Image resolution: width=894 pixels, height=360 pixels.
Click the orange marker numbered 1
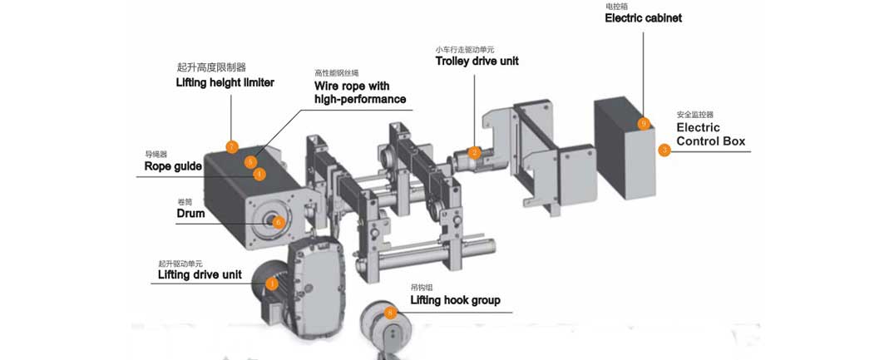pyautogui.click(x=271, y=284)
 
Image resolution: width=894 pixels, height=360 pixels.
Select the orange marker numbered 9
pyautogui.click(x=643, y=124)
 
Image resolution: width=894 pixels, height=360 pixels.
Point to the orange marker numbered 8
pyautogui.click(x=391, y=313)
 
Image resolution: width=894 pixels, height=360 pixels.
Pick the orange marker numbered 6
pyautogui.click(x=279, y=222)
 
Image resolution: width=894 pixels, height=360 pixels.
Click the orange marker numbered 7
pyautogui.click(x=232, y=147)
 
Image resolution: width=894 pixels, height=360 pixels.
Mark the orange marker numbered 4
pyautogui.click(x=259, y=175)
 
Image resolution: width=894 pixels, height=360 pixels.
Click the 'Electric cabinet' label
pyautogui.click(x=643, y=17)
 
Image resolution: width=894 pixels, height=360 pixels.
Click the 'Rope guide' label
pyautogui.click(x=173, y=166)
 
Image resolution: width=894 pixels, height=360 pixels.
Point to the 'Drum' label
pyautogui.click(x=190, y=214)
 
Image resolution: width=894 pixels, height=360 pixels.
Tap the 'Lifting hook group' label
pyautogui.click(x=455, y=300)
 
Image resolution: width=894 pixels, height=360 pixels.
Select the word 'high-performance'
pyautogui.click(x=360, y=100)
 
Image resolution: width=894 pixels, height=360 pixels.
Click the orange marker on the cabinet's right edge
pyautogui.click(x=664, y=150)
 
